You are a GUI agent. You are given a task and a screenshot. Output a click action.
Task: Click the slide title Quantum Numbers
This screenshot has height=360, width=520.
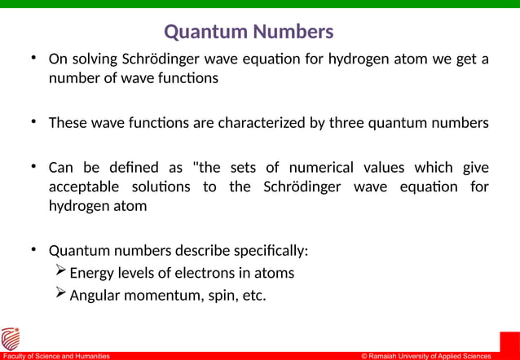click(249, 32)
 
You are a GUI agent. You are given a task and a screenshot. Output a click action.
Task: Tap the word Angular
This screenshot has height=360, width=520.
click(96, 296)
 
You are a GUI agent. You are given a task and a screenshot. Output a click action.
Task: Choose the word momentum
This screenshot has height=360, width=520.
click(169, 296)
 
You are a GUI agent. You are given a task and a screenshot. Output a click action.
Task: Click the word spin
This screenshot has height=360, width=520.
click(220, 296)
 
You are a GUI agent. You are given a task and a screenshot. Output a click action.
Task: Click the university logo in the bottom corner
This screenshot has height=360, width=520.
click(11, 338)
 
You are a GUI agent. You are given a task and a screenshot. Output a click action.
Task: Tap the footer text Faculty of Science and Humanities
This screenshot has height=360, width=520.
click(56, 356)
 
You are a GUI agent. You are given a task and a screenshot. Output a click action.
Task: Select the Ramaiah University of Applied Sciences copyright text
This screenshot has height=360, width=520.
click(426, 356)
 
